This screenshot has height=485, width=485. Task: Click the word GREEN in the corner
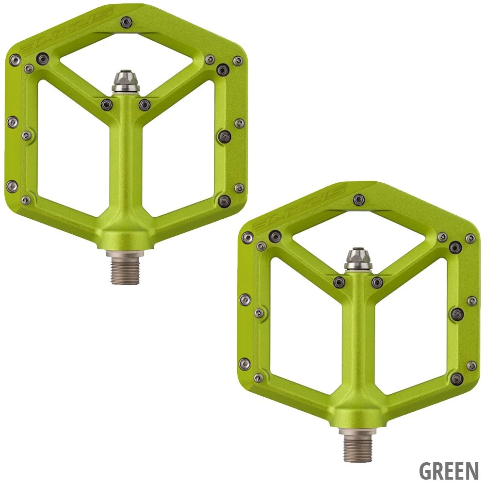tap(449, 470)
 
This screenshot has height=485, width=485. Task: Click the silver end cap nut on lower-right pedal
tap(358, 259)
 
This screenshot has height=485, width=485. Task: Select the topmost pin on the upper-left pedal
tap(126, 21)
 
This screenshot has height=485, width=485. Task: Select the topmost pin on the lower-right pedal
tap(359, 199)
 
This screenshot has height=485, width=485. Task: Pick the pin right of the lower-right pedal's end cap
tap(377, 282)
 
